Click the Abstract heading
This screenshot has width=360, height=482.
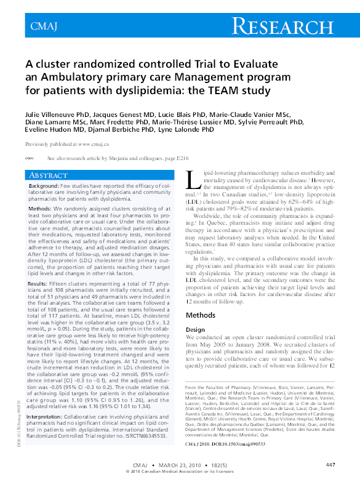click(x=44, y=175)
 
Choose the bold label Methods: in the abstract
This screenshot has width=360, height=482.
click(x=40, y=209)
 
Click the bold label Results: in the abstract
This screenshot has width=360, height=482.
click(x=39, y=283)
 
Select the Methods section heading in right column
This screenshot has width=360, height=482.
click(x=201, y=315)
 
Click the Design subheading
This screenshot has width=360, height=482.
click(x=195, y=329)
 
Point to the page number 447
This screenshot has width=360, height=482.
click(x=330, y=464)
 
